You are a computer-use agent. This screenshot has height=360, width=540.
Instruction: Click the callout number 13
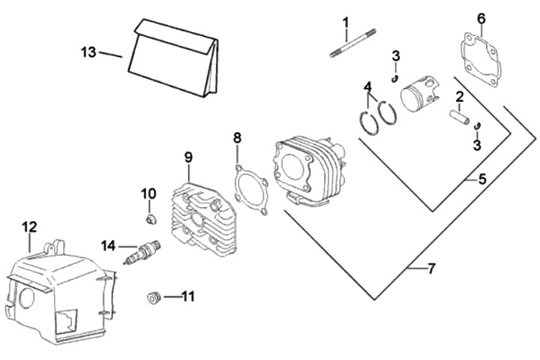pyautogui.click(x=88, y=52)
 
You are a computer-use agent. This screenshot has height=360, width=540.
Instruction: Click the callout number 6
pyautogui.click(x=481, y=17)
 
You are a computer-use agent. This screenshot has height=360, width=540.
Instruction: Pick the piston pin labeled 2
pyautogui.click(x=458, y=118)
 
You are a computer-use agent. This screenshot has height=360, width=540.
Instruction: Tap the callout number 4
pyautogui.click(x=369, y=86)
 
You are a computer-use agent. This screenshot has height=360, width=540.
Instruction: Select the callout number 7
pyautogui.click(x=430, y=268)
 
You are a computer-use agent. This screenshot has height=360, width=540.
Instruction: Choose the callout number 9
pyautogui.click(x=188, y=157)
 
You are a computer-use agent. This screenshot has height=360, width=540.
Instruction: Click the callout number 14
pyautogui.click(x=109, y=244)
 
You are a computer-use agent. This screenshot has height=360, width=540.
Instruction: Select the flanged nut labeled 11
pyautogui.click(x=153, y=298)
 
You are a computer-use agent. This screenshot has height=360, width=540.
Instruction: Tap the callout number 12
pyautogui.click(x=29, y=226)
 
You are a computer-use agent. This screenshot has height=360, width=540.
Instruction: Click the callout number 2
pyautogui.click(x=459, y=96)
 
